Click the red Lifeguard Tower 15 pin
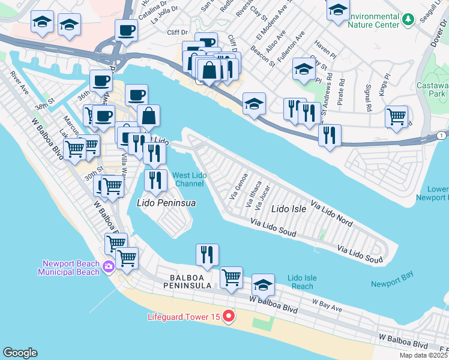tap(228, 316)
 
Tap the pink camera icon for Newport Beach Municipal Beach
tap(109, 266)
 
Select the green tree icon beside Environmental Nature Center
tap(408, 20)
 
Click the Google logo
tap(20, 353)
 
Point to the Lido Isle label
tap(289, 209)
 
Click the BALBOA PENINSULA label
tap(190, 282)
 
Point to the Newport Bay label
tap(392, 283)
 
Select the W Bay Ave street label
tap(327, 306)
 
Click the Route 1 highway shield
tap(441, 136)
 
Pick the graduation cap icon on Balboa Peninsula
tap(263, 284)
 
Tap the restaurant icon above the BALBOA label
tap(207, 254)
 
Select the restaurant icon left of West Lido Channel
tap(155, 179)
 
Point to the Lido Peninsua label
tap(167, 203)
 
